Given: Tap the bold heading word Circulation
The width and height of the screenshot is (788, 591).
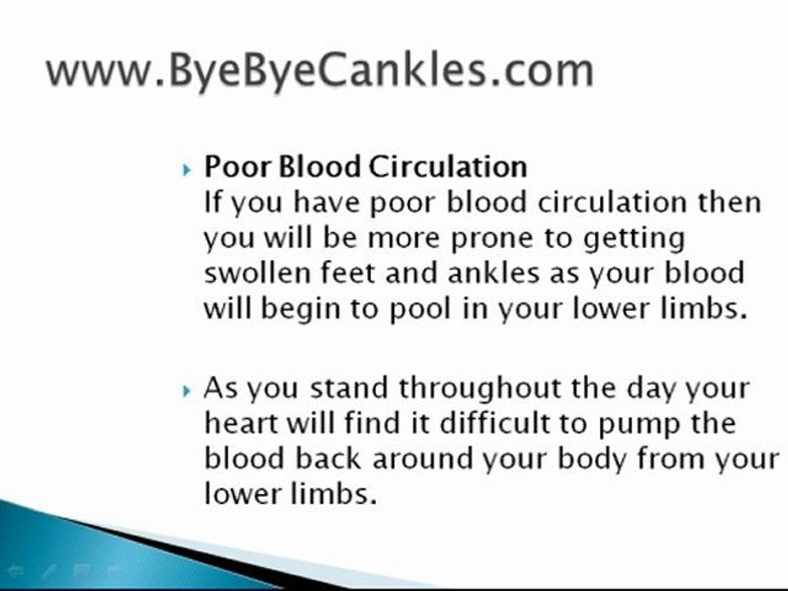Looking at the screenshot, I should tap(447, 167).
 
